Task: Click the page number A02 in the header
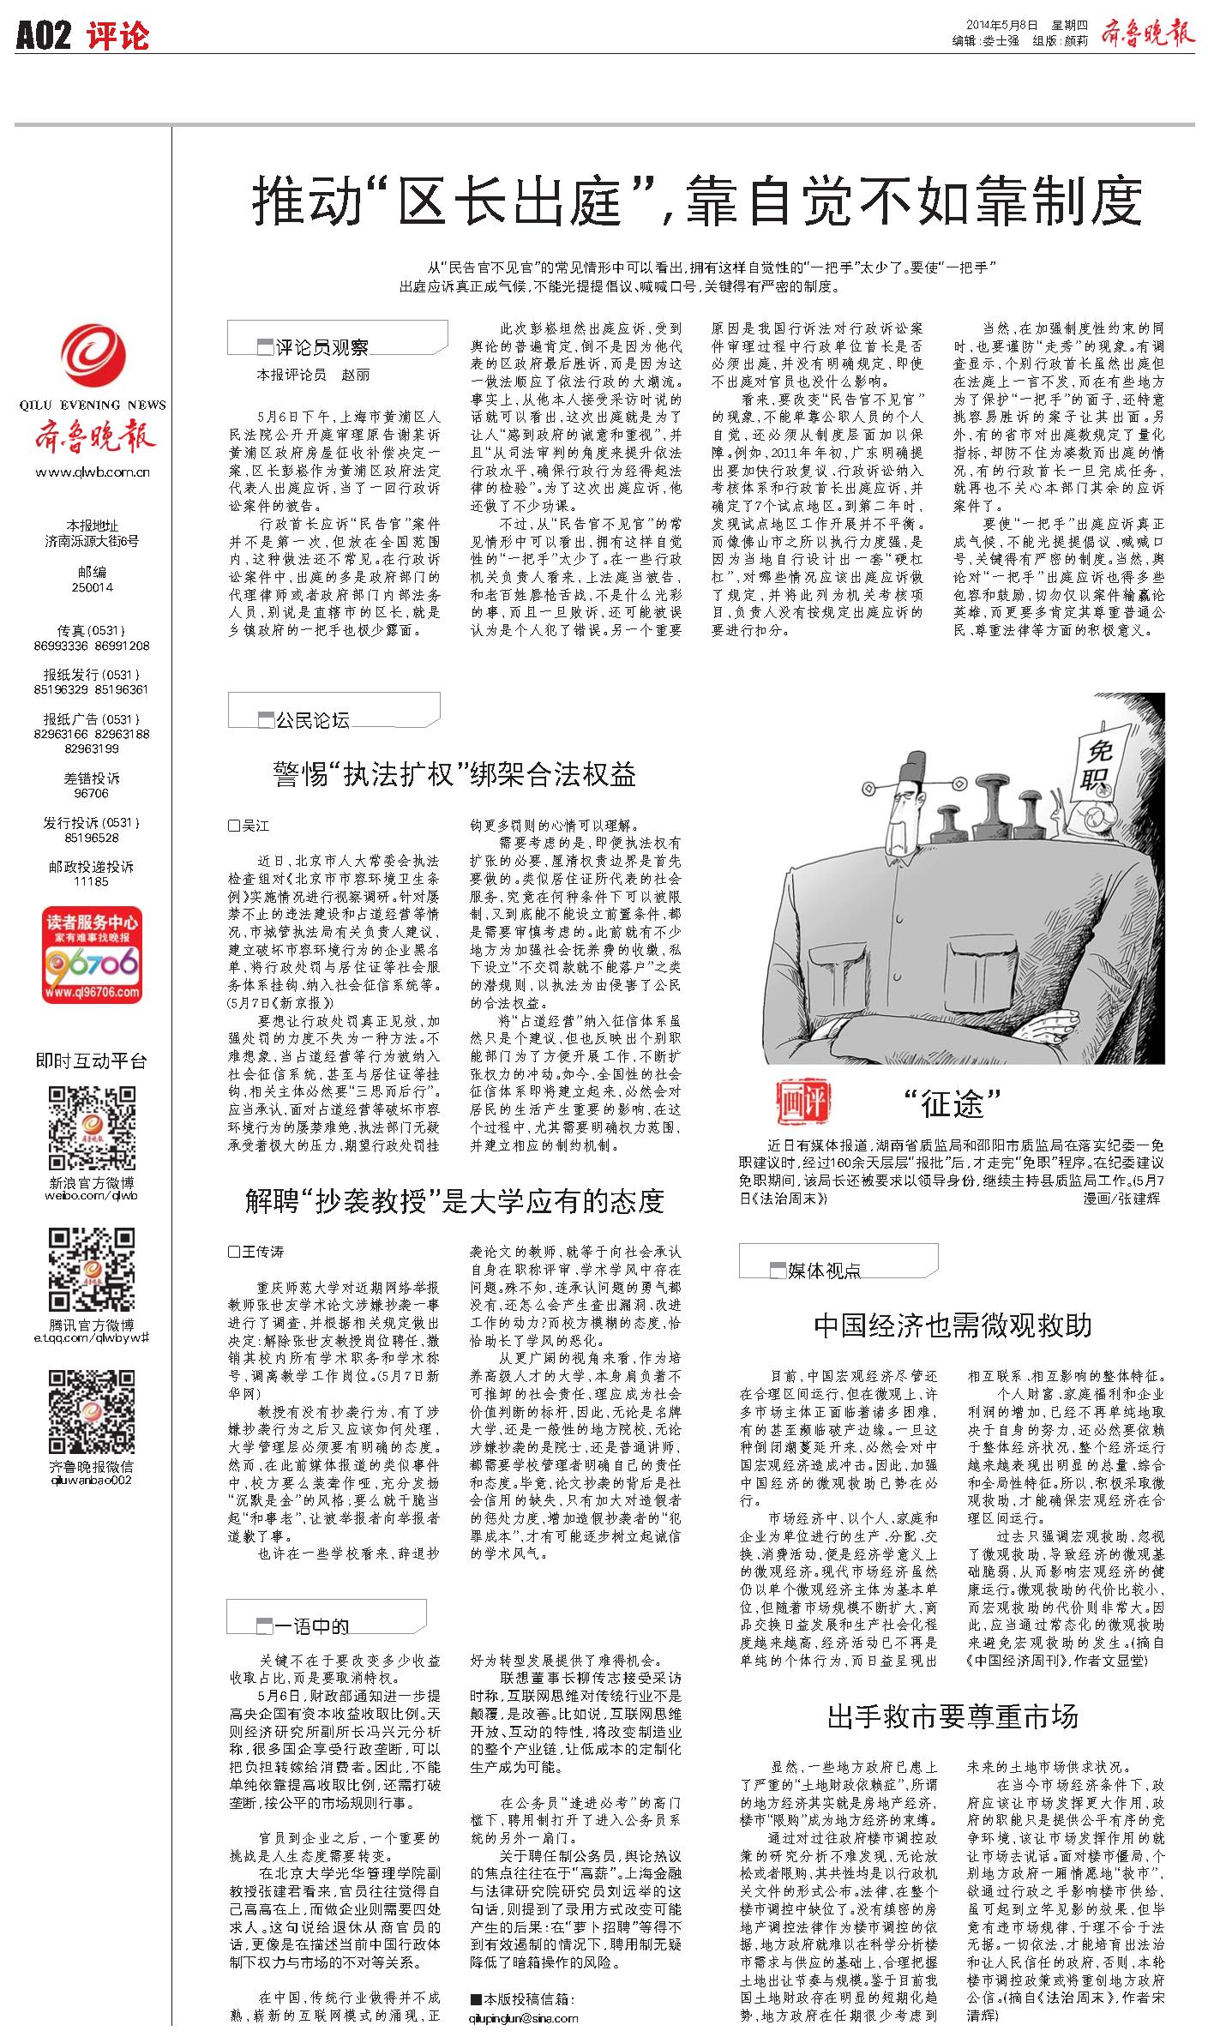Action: tap(43, 36)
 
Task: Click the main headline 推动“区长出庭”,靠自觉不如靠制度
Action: tap(696, 201)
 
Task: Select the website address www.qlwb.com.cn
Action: tap(93, 472)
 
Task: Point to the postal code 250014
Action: tap(93, 587)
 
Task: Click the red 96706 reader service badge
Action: tap(93, 956)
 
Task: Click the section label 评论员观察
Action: tap(322, 346)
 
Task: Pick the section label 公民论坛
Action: tap(312, 720)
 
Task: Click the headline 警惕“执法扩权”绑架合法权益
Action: tap(454, 775)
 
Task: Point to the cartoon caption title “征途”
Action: tap(952, 1104)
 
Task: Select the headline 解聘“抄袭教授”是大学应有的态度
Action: tap(454, 1202)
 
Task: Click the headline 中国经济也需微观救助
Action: tap(952, 1326)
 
